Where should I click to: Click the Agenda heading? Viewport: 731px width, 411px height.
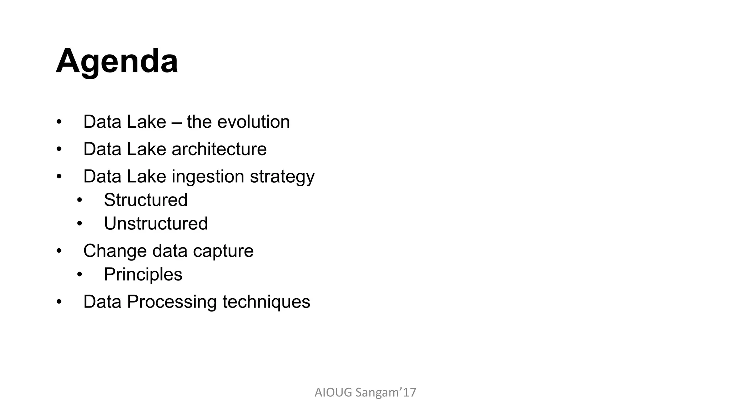[x=117, y=61]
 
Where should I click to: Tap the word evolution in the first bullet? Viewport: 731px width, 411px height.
[x=253, y=122]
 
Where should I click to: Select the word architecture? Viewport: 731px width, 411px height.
[x=219, y=149]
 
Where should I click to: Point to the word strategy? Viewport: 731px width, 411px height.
[x=282, y=177]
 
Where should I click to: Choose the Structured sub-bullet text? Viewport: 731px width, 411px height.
[x=146, y=200]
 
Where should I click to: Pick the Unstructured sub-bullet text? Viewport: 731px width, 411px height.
[x=156, y=224]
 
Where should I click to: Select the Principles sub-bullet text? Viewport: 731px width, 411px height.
[x=143, y=274]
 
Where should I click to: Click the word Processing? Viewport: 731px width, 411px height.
[x=172, y=302]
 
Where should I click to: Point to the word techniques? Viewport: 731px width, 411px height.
[x=266, y=302]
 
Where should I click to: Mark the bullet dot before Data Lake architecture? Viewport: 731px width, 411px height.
[x=59, y=149]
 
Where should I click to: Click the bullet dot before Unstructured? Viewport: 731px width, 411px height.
[x=80, y=224]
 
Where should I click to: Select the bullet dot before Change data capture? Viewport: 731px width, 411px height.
[x=59, y=251]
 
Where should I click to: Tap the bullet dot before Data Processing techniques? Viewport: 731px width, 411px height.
[x=59, y=302]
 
